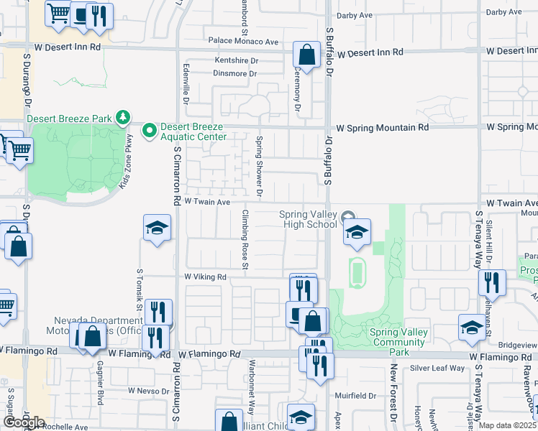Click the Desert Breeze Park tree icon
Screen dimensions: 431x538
(x=124, y=117)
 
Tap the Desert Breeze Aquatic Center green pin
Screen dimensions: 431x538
(x=150, y=131)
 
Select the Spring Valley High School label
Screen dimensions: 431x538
(x=309, y=220)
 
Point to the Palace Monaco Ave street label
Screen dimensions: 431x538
(x=242, y=42)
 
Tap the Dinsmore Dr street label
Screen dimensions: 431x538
(x=234, y=74)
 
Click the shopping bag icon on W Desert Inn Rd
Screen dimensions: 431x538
(x=306, y=55)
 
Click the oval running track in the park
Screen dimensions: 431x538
(x=356, y=272)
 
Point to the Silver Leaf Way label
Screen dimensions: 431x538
(x=438, y=369)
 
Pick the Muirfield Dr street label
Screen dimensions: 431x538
(x=355, y=396)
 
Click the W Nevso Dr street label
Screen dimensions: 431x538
(x=148, y=391)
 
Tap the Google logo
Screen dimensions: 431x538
(x=24, y=422)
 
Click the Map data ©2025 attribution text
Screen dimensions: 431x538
(x=508, y=425)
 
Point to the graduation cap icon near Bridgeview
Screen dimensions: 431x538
(x=471, y=327)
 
